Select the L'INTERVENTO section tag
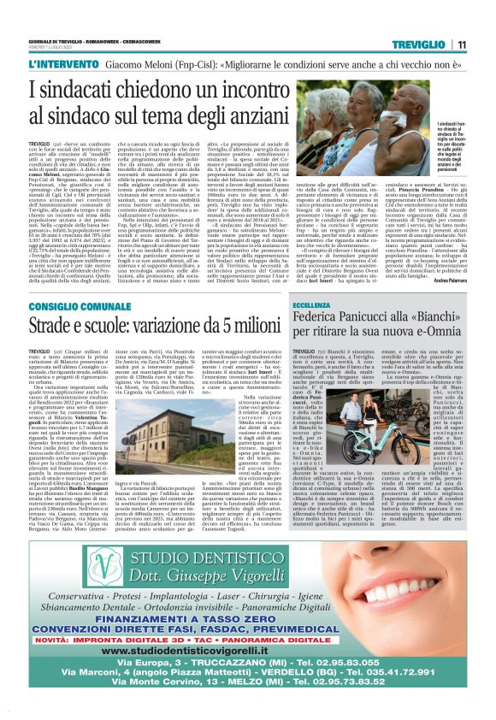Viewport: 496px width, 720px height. pos(62,64)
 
